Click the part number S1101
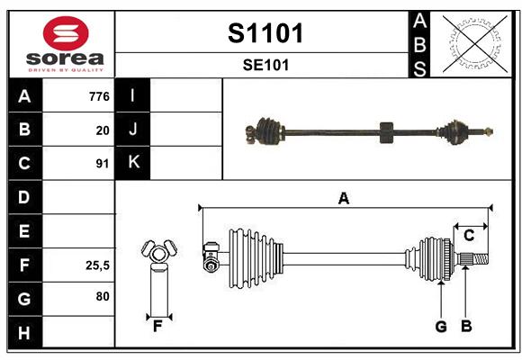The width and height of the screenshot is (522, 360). point(265,33)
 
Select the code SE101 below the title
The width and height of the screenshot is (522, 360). point(265,65)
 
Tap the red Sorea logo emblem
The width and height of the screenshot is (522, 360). point(66,33)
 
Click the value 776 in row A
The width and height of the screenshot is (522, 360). point(99,96)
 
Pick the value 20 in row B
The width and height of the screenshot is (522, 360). point(103,130)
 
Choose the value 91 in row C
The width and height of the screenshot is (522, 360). point(103,164)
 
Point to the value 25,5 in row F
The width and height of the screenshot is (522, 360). point(97,265)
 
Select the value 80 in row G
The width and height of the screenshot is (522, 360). point(103,296)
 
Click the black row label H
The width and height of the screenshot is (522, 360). point(24,332)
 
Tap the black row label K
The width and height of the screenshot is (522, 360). point(133,163)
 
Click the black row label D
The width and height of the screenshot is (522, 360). point(24,197)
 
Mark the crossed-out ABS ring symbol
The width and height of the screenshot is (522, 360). point(475,44)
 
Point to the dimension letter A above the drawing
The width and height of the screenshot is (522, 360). point(344,199)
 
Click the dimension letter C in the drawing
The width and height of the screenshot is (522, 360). point(469,236)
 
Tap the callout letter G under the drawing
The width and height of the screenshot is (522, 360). point(441,327)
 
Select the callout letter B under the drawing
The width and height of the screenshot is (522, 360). point(466,327)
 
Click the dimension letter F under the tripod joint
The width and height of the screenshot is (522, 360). point(157,327)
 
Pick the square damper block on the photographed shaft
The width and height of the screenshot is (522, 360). point(386,132)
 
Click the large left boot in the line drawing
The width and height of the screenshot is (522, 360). point(256,258)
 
